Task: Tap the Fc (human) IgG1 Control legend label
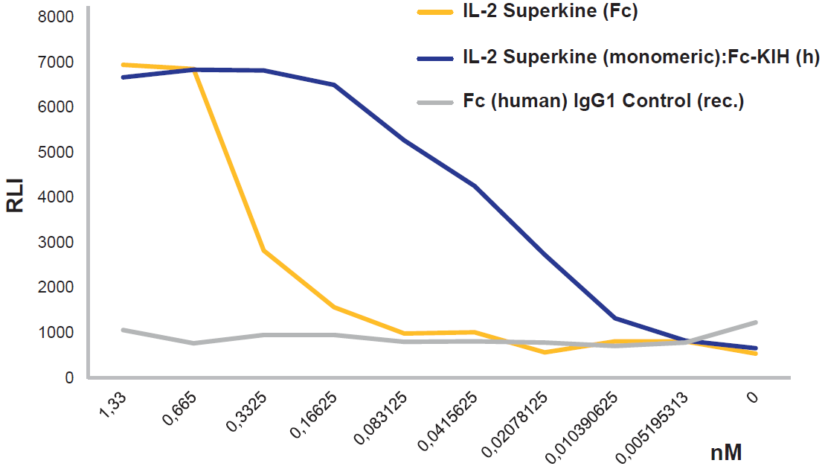(x=603, y=100)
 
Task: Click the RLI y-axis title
(x=16, y=197)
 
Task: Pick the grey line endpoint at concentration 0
(x=757, y=322)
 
